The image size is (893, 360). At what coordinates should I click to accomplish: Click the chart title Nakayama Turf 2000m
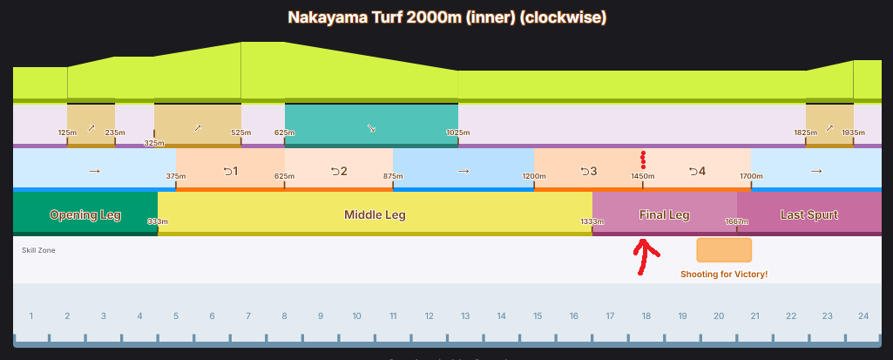point(446,17)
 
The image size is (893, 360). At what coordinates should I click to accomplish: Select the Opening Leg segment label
point(85,214)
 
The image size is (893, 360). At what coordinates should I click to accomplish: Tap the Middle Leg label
point(375,214)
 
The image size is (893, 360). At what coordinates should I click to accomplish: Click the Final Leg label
point(664,214)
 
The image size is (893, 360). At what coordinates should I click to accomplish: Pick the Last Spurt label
point(809,214)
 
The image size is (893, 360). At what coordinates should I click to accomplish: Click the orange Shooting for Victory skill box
point(724,250)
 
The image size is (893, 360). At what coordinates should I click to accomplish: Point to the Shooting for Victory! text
point(724,275)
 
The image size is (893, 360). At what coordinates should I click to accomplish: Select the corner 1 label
point(230,171)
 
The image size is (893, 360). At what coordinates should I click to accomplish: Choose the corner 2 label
point(339,171)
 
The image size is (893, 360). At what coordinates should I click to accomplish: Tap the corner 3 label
point(588,171)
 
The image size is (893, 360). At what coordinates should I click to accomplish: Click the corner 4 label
point(697,171)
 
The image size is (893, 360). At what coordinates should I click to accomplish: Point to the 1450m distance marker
point(643,176)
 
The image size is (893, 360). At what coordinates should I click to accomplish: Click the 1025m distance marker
point(458,132)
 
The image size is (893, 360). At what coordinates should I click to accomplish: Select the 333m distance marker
point(158,221)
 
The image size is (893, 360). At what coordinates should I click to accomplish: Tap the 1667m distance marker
point(737,221)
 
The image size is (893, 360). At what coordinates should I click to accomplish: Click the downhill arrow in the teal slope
point(371,128)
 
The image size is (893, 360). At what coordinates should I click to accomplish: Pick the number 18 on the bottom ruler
point(646,316)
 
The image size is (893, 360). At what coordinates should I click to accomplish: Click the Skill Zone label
point(38,250)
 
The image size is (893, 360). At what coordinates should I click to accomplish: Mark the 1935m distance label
point(853,132)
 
